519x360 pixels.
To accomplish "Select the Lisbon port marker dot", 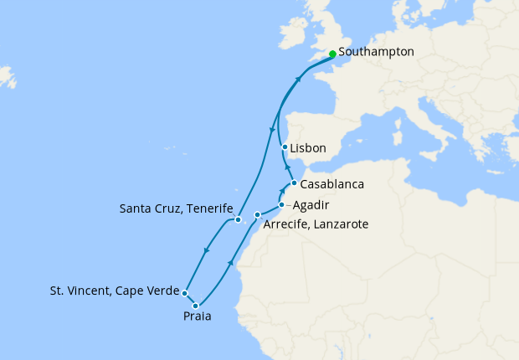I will (x=285, y=147).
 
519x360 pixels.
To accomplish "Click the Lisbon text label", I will (x=308, y=147).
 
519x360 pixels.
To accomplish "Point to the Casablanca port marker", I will (x=294, y=183).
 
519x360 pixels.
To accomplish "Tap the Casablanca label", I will (x=331, y=183).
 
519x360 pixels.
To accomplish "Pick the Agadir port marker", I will (x=281, y=204).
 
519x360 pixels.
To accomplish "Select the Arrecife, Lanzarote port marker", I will (x=258, y=215).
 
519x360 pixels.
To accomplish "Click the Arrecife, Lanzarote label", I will (x=316, y=224).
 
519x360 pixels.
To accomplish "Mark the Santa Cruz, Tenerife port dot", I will (x=239, y=220).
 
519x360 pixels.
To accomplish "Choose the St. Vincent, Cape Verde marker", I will (x=184, y=293).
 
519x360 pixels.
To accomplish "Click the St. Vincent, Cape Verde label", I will (x=115, y=291).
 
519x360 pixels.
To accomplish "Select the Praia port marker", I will (x=196, y=306).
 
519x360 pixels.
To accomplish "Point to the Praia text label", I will (x=198, y=317).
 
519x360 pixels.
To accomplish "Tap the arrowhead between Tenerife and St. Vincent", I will (x=206, y=253).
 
